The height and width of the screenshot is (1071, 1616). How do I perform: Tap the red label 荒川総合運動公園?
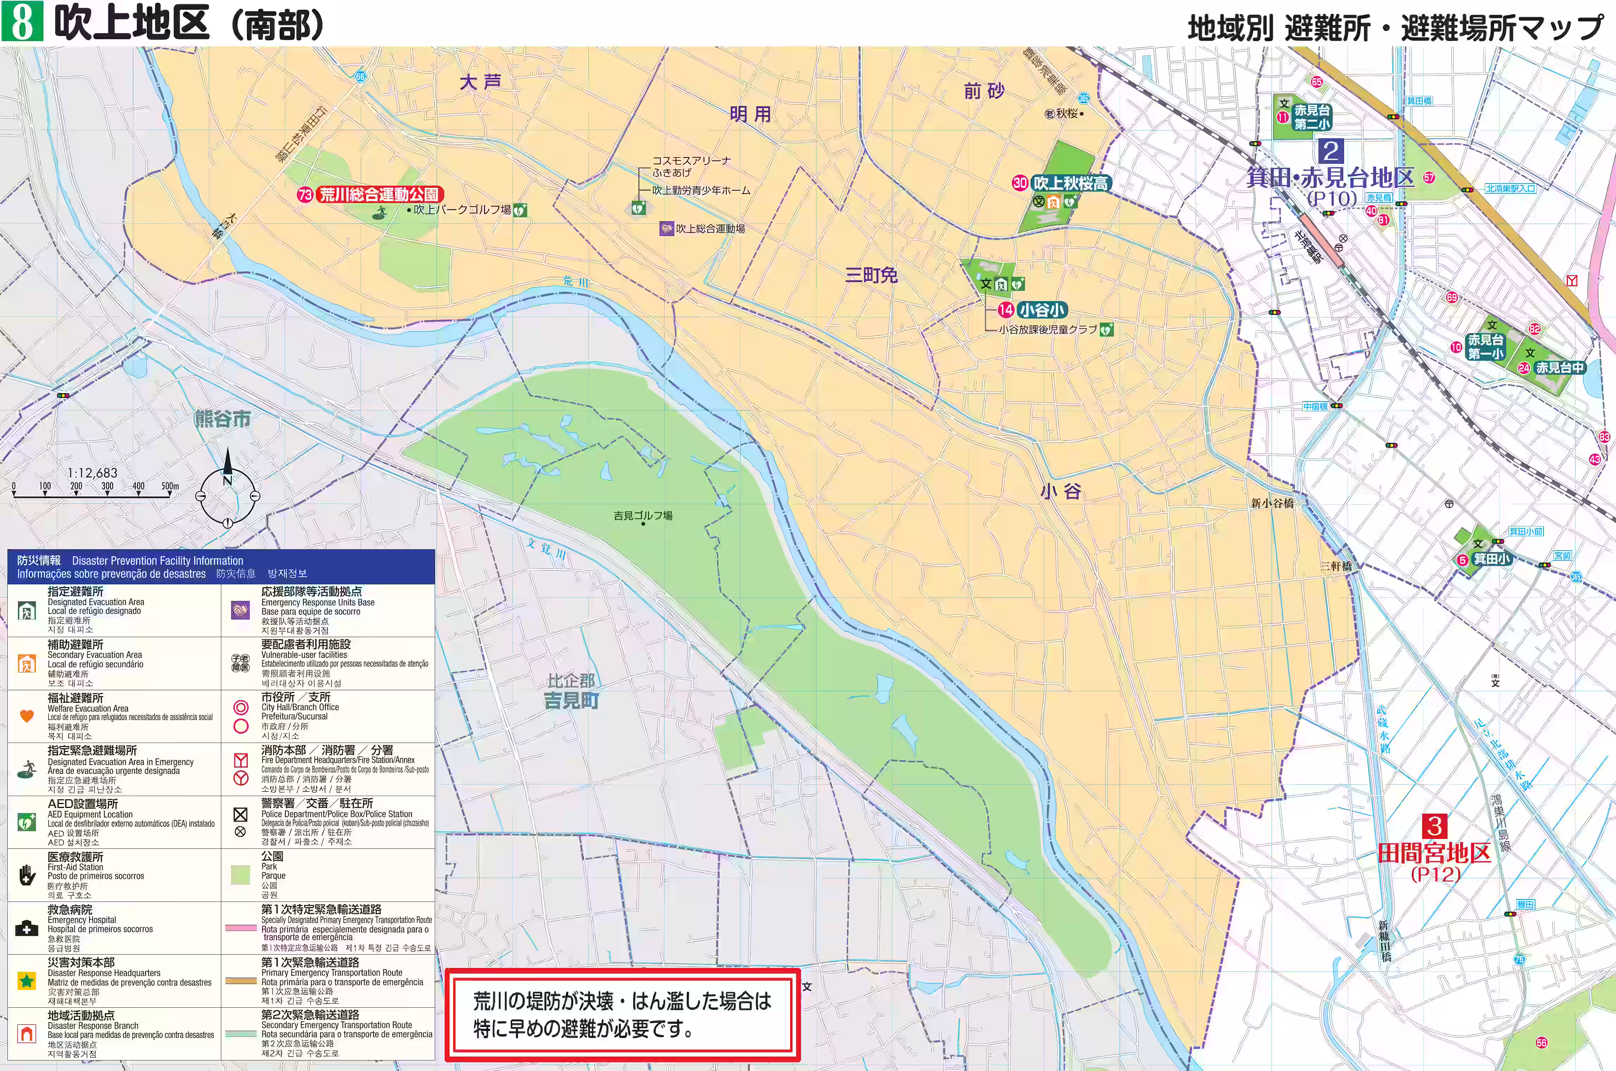[x=380, y=195]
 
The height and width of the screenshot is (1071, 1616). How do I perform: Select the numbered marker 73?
[x=305, y=195]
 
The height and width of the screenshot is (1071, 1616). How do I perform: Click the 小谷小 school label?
[x=1041, y=310]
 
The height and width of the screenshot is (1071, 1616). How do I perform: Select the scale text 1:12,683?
[x=92, y=473]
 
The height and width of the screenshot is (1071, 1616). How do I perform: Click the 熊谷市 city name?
[x=223, y=419]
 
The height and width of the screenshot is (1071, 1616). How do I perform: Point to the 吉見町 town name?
[x=571, y=701]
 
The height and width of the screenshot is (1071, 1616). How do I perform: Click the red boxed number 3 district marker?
[x=1434, y=827]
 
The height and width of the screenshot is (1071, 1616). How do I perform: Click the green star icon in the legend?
[x=27, y=981]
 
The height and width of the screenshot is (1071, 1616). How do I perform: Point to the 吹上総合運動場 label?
[x=710, y=229]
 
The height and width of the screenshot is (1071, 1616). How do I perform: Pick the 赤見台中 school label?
[x=1559, y=367]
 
